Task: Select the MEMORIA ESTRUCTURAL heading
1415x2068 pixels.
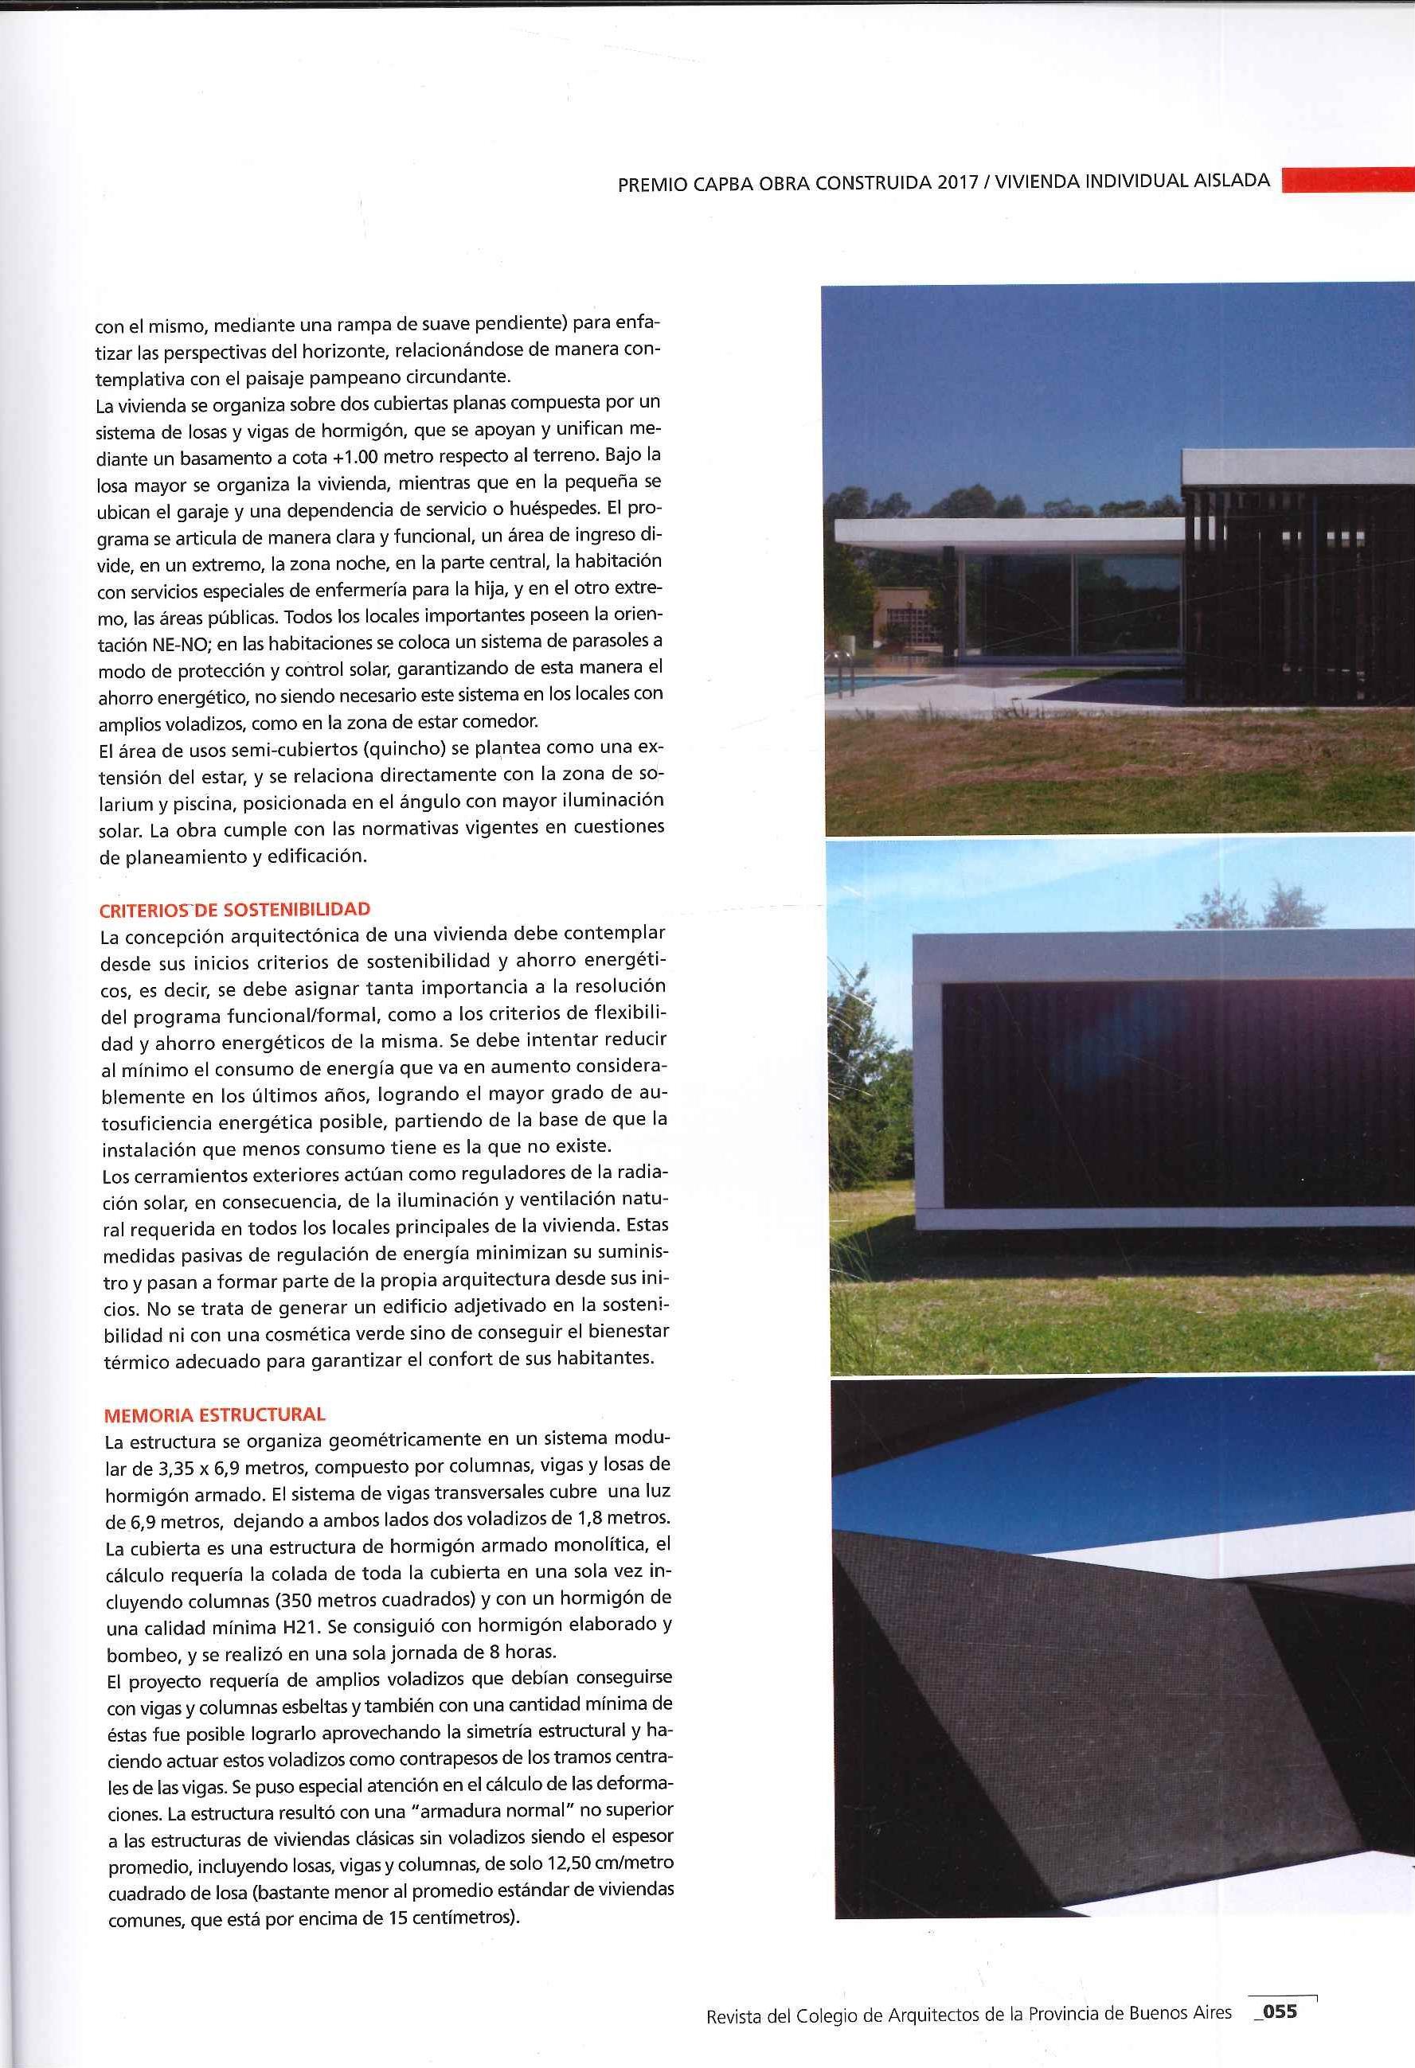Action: [x=214, y=1414]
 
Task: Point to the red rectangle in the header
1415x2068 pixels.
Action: [x=1347, y=180]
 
